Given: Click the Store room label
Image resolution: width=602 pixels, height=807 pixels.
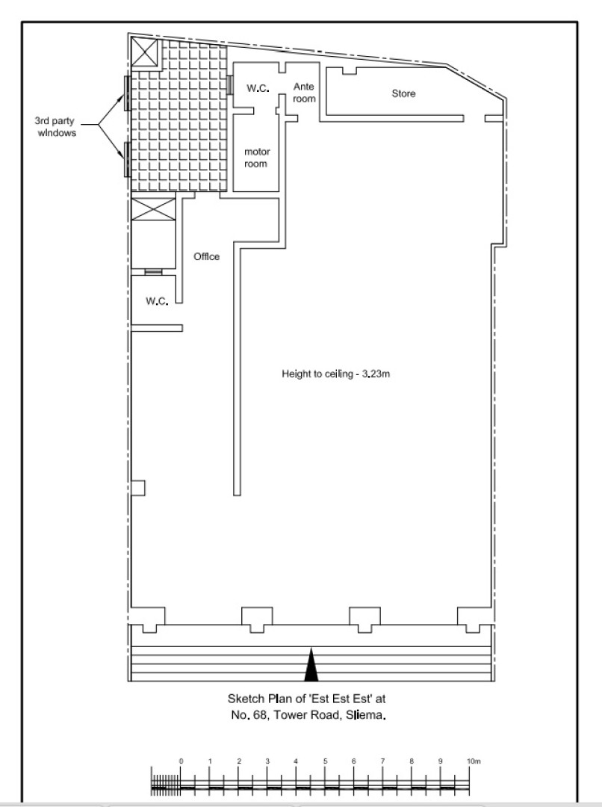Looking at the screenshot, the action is click(x=403, y=93).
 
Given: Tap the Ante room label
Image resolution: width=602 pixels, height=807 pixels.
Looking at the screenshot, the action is click(x=304, y=93).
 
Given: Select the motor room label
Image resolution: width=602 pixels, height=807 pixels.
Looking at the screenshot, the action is click(x=256, y=158).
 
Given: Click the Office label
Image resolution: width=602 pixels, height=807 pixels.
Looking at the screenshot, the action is click(x=206, y=256).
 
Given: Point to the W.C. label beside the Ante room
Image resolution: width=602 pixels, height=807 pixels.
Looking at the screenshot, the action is click(x=258, y=88).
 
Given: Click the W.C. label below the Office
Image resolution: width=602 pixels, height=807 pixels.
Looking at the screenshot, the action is click(x=157, y=301).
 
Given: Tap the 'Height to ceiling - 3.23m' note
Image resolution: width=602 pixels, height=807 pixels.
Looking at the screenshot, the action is click(x=335, y=374).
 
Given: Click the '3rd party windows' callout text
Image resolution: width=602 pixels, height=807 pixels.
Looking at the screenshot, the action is click(x=55, y=126).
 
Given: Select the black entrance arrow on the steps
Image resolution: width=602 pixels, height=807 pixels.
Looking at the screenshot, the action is click(x=311, y=665).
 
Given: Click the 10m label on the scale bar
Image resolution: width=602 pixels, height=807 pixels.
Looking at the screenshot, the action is click(x=474, y=761).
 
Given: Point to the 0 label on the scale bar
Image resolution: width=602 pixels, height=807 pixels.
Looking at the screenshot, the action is click(x=181, y=761).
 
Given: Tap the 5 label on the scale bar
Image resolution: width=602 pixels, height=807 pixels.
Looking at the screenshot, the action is click(x=325, y=761).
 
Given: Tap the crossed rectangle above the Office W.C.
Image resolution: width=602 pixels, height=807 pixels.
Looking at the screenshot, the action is click(x=154, y=209).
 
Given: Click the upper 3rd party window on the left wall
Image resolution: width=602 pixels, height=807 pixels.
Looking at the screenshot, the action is click(x=126, y=93).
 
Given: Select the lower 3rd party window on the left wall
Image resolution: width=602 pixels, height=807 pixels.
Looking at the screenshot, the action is click(x=126, y=160).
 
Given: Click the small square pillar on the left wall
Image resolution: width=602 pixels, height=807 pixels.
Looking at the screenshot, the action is click(x=138, y=488).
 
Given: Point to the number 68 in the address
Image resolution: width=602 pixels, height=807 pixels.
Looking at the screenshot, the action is click(x=261, y=715).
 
